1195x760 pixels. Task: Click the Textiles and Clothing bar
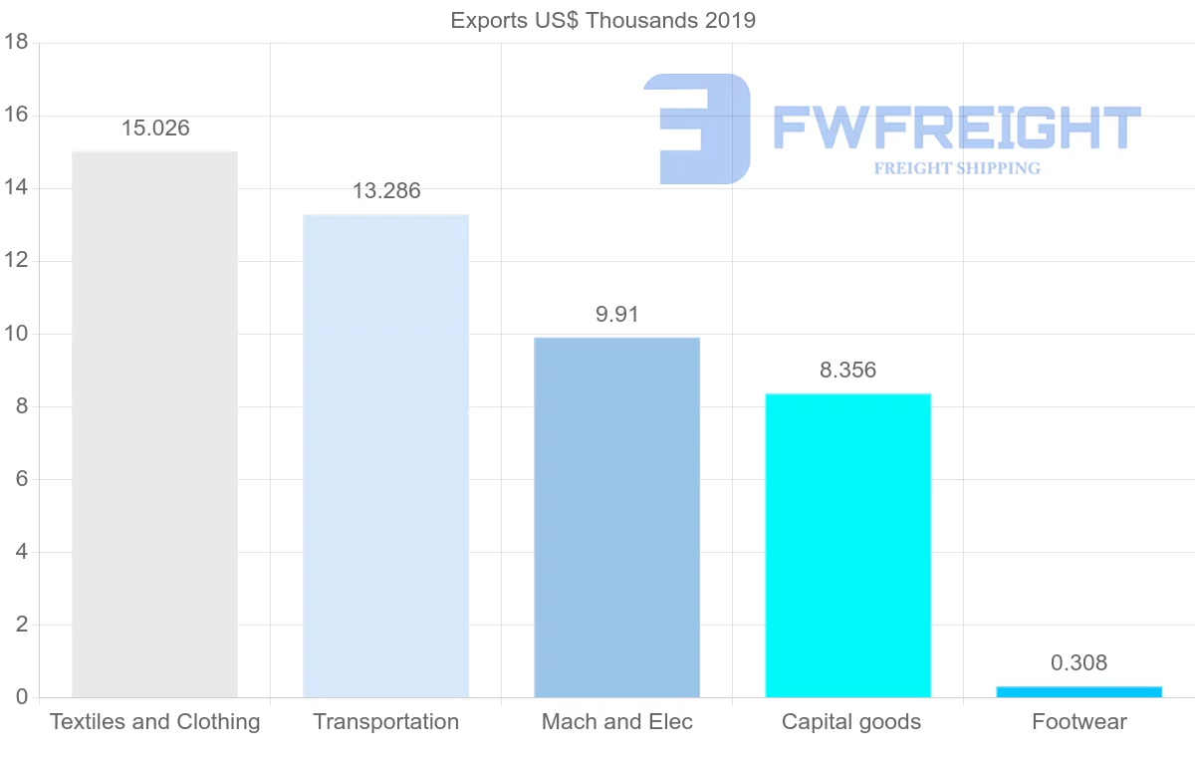155,425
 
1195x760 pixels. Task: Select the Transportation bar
386,456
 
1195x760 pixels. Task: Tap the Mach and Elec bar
617,518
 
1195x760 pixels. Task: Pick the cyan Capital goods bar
848,546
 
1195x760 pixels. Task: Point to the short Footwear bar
1078,691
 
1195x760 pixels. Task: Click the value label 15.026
155,128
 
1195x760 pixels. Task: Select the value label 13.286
386,191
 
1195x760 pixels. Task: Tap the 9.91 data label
617,315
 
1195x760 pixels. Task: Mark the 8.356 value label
848,371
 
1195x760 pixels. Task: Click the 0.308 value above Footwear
1078,663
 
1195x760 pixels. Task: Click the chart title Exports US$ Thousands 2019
603,20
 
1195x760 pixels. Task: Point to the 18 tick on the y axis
15,43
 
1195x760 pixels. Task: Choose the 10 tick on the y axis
15,334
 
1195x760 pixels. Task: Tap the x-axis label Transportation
386,722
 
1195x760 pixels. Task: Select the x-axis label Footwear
1078,722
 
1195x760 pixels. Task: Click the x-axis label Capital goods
851,722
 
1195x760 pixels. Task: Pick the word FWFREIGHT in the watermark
956,128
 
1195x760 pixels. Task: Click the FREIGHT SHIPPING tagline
957,168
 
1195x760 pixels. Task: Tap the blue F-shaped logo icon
697,128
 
